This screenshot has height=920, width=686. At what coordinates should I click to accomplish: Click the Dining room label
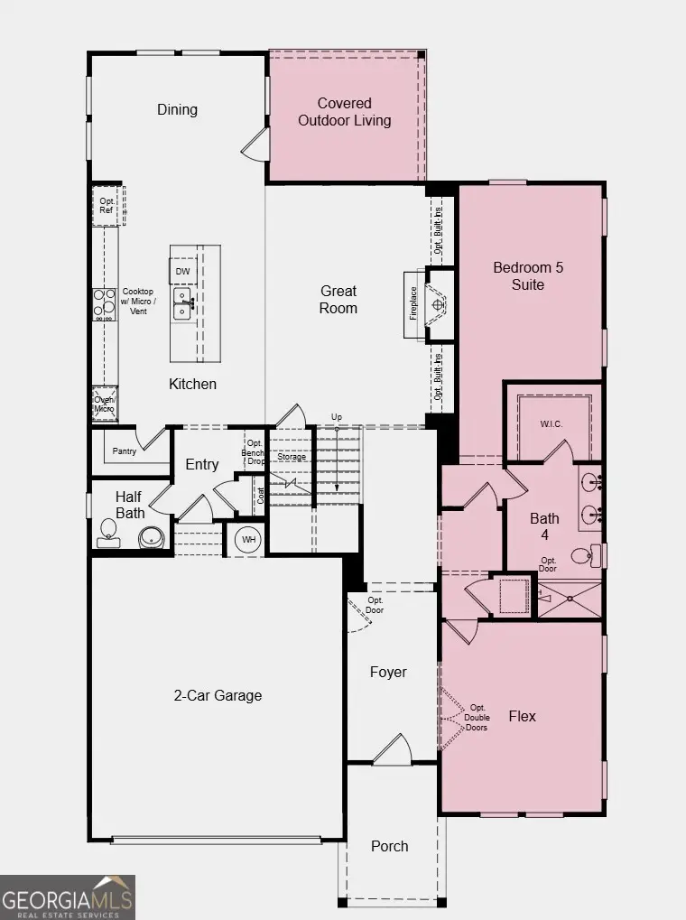[177, 109]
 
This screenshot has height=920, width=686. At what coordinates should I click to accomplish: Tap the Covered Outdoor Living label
[345, 112]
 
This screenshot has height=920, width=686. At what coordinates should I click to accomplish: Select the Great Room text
[338, 299]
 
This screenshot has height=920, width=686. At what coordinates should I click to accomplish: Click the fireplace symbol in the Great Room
[438, 304]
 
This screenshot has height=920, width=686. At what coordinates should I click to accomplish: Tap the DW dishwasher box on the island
[182, 271]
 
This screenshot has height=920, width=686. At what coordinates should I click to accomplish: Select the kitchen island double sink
[182, 302]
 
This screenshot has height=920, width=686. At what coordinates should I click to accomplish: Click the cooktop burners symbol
[105, 302]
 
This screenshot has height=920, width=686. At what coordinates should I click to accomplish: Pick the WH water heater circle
[247, 540]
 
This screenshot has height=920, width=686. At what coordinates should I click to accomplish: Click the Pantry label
[125, 451]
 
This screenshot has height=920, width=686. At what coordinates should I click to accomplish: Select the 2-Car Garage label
[218, 695]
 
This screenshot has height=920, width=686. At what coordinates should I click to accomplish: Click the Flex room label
[522, 716]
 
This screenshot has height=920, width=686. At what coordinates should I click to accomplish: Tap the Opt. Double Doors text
[477, 717]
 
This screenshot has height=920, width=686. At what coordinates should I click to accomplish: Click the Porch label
[389, 846]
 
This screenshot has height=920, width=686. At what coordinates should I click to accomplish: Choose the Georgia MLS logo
[68, 897]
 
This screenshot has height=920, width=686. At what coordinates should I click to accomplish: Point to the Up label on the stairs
[337, 416]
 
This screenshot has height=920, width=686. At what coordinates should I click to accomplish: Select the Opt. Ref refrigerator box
[107, 205]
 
